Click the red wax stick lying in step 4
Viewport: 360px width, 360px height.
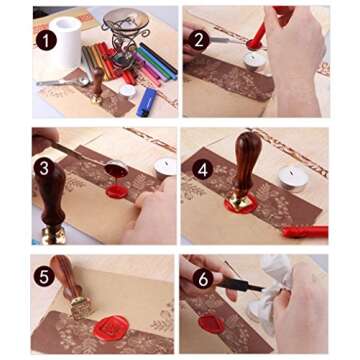coord(303,232)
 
